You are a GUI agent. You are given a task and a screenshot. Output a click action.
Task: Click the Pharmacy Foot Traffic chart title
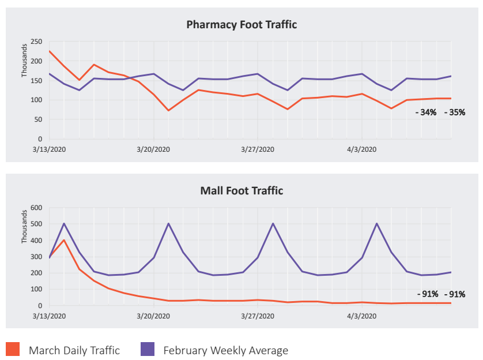(x=241, y=25)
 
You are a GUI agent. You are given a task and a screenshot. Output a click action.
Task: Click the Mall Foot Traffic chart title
(x=241, y=190)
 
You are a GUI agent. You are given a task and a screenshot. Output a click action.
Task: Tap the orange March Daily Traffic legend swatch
(x=13, y=349)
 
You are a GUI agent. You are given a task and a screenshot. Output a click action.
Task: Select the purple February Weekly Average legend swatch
(x=148, y=349)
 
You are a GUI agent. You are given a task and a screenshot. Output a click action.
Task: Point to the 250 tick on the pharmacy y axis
(x=36, y=42)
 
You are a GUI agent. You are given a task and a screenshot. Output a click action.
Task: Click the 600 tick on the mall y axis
(x=36, y=208)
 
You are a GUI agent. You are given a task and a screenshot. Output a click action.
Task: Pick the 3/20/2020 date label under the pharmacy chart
(x=153, y=149)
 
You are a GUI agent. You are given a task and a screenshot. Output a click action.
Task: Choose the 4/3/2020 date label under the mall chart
(x=361, y=316)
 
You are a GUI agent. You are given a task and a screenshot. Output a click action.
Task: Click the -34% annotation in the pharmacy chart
(x=426, y=112)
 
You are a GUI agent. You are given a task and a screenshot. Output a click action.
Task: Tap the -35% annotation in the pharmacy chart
(x=454, y=112)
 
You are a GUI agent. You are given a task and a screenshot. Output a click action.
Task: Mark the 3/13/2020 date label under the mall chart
(x=50, y=316)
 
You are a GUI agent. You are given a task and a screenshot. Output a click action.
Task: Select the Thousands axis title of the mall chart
(x=24, y=227)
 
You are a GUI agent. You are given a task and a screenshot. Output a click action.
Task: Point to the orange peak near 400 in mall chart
(x=64, y=240)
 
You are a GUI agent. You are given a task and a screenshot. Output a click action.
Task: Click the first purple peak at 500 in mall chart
(x=64, y=223)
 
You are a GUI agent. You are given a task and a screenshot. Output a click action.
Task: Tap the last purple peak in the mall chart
(x=377, y=223)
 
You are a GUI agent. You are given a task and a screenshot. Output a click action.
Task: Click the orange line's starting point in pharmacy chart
(x=50, y=51)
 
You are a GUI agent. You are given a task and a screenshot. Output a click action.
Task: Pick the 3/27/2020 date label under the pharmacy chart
(x=258, y=149)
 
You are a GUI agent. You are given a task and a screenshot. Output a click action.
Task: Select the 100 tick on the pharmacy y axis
(x=36, y=100)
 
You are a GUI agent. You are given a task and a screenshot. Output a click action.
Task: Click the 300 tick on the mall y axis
(x=36, y=257)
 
